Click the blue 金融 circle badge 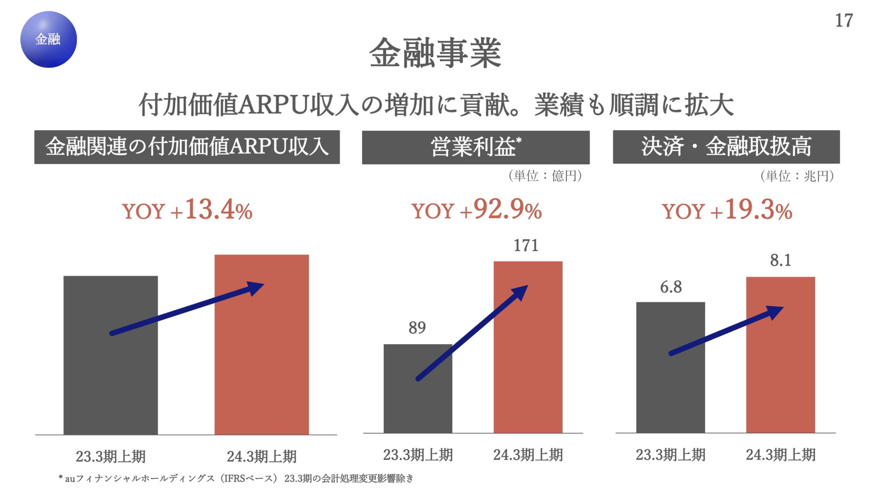tap(49, 40)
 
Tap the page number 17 tap(844, 20)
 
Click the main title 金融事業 tap(435, 53)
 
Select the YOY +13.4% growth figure tap(187, 210)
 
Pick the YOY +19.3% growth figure tap(727, 210)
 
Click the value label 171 tap(526, 245)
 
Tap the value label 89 tap(417, 327)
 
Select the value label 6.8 tap(671, 287)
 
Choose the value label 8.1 tap(781, 260)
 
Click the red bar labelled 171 tap(528, 347)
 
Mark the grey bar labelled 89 tap(418, 388)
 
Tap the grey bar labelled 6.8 tap(670, 367)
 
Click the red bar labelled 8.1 tap(780, 355)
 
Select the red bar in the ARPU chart tap(262, 345)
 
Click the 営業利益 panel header tap(476, 147)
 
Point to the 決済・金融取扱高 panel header tap(726, 147)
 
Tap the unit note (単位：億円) tap(545, 175)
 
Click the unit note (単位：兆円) tap(797, 176)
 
